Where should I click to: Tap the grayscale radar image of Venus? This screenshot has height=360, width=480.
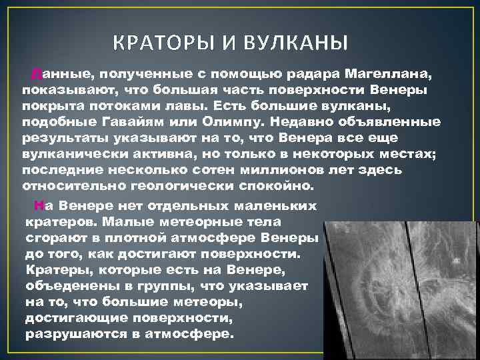point(400,280)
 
